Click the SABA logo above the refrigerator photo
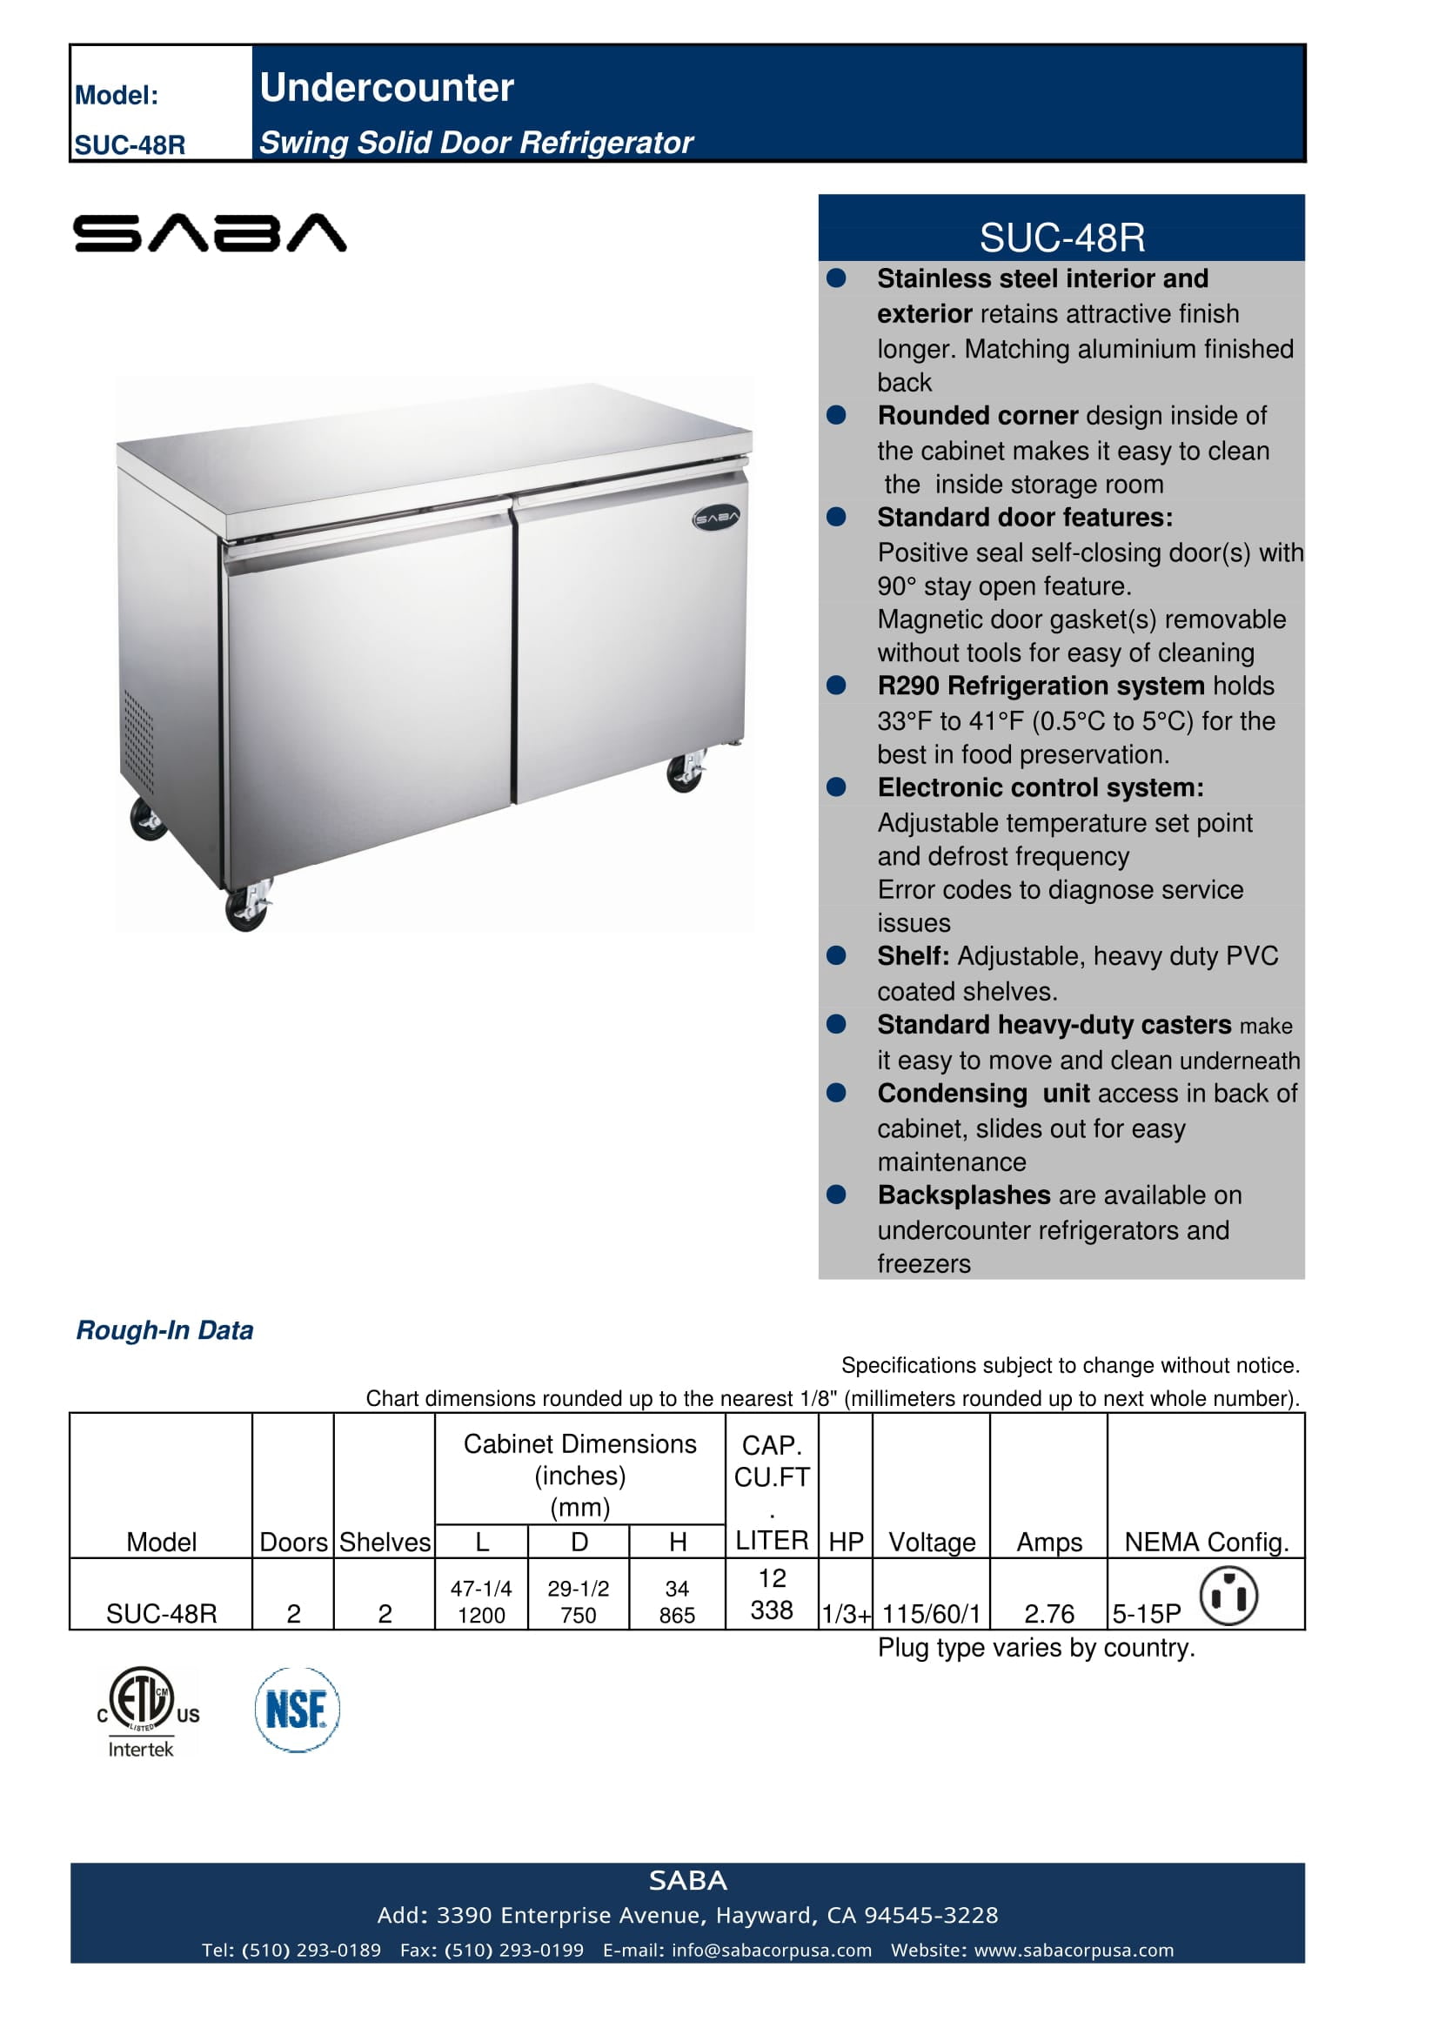tap(210, 233)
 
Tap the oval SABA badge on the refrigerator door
tap(715, 519)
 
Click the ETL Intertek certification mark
tap(142, 1711)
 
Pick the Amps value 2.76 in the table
tap(1049, 1613)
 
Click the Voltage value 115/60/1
tap(931, 1613)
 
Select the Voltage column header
tap(931, 1543)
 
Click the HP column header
tap(846, 1543)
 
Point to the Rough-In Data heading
tap(164, 1329)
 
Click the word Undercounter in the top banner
tap(386, 88)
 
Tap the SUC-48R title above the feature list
tap(1061, 237)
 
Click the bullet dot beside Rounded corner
tap(835, 415)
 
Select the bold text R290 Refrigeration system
tap(1041, 685)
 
